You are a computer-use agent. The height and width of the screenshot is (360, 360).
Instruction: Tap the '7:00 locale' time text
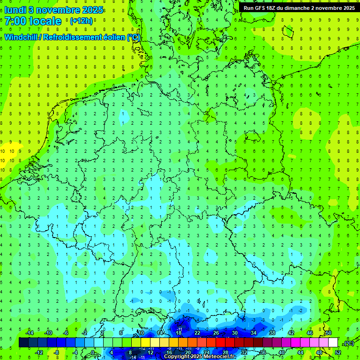click(33, 21)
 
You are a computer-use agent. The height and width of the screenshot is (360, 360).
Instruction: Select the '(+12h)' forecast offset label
click(81, 21)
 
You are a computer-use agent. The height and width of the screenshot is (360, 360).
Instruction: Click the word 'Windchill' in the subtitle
click(21, 37)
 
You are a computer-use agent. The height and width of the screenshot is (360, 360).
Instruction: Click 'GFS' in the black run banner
click(263, 8)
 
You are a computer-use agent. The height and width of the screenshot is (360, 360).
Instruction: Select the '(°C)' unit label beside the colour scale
click(349, 343)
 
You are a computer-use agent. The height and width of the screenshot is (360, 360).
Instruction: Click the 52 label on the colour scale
click(338, 352)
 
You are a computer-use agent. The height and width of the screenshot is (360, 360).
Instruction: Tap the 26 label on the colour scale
click(216, 333)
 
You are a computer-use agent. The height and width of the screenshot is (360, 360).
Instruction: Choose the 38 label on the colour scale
click(272, 333)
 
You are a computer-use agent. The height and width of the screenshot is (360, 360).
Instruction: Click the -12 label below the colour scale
click(39, 352)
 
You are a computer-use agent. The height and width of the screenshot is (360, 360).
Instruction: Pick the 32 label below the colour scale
click(244, 352)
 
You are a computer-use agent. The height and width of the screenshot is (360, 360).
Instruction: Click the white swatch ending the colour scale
click(333, 343)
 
